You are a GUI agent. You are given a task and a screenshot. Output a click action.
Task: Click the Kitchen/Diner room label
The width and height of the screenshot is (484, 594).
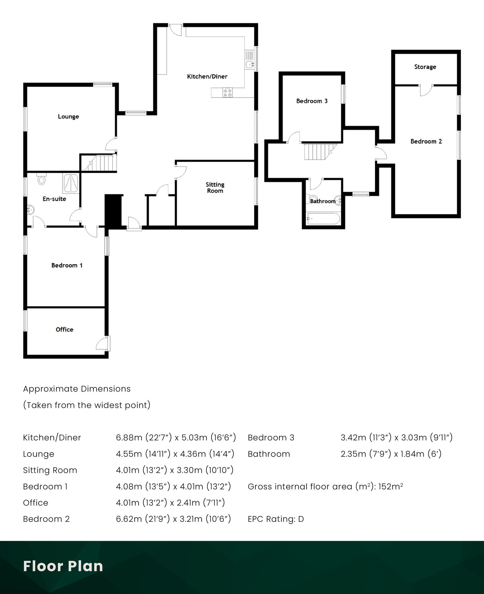click(x=207, y=77)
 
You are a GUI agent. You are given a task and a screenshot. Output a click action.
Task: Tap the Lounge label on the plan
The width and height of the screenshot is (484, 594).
click(x=68, y=116)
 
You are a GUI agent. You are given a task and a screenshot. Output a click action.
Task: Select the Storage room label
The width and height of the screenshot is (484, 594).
click(x=425, y=67)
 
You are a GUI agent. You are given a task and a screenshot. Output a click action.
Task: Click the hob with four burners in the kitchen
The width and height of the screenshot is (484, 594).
click(x=227, y=92)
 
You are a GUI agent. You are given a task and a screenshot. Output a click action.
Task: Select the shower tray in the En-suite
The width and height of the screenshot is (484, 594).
click(x=70, y=183)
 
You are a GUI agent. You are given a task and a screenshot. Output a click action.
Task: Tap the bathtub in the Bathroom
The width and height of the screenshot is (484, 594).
click(x=323, y=219)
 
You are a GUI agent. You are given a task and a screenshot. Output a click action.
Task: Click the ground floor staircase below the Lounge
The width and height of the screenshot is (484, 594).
click(x=100, y=163)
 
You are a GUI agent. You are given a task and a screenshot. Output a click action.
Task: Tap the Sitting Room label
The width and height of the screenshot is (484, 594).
click(x=215, y=187)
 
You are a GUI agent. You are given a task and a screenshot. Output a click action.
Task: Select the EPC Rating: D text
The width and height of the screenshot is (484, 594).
click(x=275, y=519)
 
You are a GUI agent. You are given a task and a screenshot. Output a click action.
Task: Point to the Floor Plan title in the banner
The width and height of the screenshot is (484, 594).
click(x=63, y=566)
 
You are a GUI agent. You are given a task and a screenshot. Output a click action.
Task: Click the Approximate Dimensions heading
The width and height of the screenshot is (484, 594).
click(x=77, y=389)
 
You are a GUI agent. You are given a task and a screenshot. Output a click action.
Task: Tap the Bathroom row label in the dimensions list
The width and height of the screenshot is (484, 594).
click(x=269, y=454)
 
